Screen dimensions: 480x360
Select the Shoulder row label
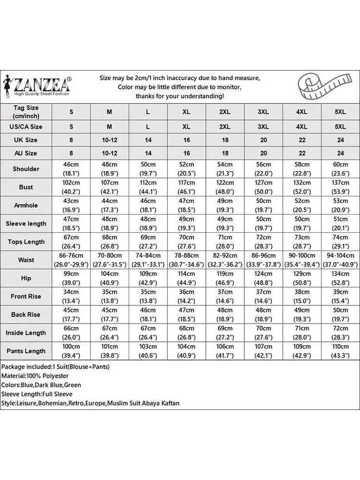(x=26, y=169)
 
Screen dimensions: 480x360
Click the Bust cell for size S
(x=71, y=187)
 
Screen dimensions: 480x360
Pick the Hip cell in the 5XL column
(x=340, y=278)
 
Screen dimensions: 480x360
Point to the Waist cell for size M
(x=109, y=260)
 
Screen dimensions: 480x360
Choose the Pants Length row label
(x=26, y=351)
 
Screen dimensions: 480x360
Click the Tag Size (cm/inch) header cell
(x=26, y=112)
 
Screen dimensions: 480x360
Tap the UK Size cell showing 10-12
(x=109, y=140)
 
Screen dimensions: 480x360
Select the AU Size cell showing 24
(x=340, y=154)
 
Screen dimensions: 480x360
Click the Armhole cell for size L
(x=148, y=205)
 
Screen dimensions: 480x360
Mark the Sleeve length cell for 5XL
(x=340, y=224)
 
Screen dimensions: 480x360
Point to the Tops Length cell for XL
(x=186, y=242)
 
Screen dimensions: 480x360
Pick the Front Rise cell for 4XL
(x=301, y=297)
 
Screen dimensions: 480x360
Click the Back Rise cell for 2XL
(x=225, y=315)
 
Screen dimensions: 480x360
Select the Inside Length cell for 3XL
(x=263, y=333)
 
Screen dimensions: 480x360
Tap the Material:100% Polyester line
(x=35, y=376)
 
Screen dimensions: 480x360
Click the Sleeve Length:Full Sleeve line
(x=39, y=394)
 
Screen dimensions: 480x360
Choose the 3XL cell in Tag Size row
(x=263, y=112)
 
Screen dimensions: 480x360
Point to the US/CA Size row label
(x=26, y=127)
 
